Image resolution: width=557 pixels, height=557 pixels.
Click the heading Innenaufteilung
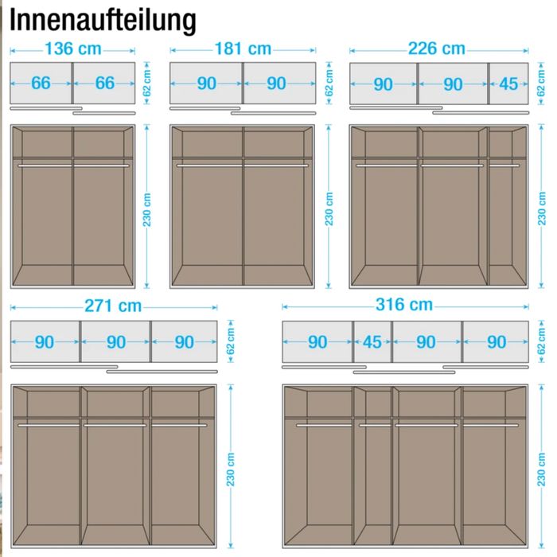pos(103,21)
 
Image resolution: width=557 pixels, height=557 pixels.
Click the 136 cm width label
pos(73,49)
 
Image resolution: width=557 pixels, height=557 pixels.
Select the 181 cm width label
pos(243,49)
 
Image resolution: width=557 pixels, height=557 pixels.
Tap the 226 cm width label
pos(437,49)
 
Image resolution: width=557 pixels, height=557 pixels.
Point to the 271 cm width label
pos(113,306)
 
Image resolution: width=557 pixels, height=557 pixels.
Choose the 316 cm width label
pos(404,305)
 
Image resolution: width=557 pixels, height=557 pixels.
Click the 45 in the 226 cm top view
pos(508,84)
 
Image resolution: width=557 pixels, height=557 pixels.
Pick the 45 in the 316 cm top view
pos(372,342)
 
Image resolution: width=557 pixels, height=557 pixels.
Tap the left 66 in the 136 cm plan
pos(41,83)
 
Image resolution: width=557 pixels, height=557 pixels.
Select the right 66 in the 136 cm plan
pos(105,83)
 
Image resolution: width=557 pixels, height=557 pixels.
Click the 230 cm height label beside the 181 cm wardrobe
pos(329,209)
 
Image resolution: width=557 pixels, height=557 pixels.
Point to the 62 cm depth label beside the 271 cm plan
pos(231,341)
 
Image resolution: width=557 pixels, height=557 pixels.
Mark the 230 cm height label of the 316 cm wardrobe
pos(541,469)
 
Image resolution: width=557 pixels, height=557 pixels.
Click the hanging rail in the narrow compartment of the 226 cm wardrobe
pos(504,166)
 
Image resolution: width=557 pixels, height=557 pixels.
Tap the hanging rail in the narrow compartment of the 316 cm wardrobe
pos(375,425)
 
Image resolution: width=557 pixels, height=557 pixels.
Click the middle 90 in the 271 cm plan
pos(116,342)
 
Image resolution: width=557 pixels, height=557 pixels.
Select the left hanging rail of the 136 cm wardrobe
pos(45,166)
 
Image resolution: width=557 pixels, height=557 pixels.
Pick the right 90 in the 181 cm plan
pos(276,84)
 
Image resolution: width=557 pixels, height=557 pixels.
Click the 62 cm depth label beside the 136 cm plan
pos(146,83)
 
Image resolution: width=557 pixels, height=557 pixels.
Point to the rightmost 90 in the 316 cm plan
pos(497,342)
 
